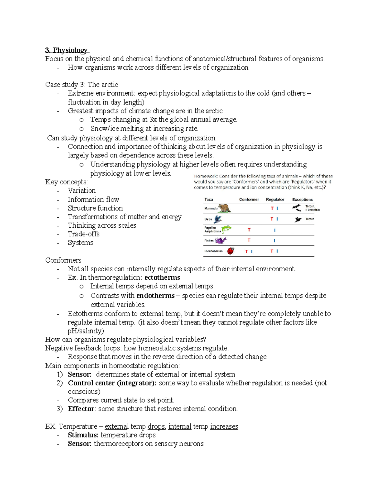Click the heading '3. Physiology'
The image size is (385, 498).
66,50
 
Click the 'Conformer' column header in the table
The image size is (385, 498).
249,199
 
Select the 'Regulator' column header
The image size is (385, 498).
275,199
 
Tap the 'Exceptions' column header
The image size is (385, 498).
302,199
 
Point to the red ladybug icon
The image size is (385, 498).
230,251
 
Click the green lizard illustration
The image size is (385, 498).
226,230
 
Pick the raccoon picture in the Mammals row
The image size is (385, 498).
224,208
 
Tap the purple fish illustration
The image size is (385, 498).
221,241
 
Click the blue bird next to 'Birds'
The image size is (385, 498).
218,219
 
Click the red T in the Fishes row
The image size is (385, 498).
249,240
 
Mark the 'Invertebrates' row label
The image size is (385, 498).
213,251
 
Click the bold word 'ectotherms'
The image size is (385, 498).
162,277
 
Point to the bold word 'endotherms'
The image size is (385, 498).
155,295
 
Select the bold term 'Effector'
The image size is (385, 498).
81,409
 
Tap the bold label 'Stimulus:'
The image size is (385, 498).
83,435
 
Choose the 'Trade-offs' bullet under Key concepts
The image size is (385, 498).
83,234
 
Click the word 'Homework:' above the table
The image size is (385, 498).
206,176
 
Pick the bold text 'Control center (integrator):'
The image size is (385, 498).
112,383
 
